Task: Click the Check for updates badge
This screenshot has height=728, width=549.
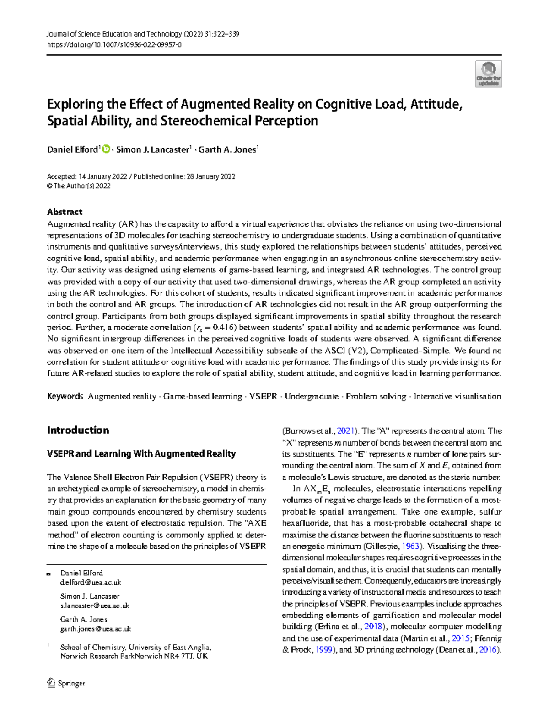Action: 488,74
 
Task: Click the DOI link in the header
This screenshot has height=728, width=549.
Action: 114,45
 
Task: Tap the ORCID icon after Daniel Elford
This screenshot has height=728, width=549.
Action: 106,149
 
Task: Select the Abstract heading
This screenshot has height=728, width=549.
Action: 65,212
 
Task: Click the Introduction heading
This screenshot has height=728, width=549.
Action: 78,430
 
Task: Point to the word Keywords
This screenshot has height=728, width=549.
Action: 65,396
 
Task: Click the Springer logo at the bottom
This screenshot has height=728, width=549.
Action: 66,683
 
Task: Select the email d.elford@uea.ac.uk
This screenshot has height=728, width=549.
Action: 91,583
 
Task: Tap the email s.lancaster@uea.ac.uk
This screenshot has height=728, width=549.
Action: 95,606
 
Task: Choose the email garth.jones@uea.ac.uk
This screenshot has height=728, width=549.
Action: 96,629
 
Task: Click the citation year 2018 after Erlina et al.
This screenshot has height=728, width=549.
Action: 373,627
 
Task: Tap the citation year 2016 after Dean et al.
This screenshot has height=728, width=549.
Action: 487,650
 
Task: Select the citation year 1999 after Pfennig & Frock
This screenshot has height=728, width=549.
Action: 324,650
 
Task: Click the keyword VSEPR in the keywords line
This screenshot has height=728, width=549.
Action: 263,396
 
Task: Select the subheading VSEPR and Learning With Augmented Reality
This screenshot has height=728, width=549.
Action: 141,454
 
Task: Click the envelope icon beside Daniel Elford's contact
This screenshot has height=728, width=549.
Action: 48,574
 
